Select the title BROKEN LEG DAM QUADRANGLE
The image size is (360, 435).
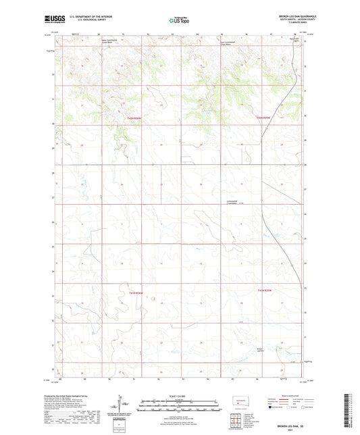click(x=286, y=16)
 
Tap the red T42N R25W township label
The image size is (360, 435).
click(x=263, y=118)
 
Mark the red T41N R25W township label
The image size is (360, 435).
click(x=264, y=290)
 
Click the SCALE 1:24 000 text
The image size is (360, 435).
click(x=179, y=395)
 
